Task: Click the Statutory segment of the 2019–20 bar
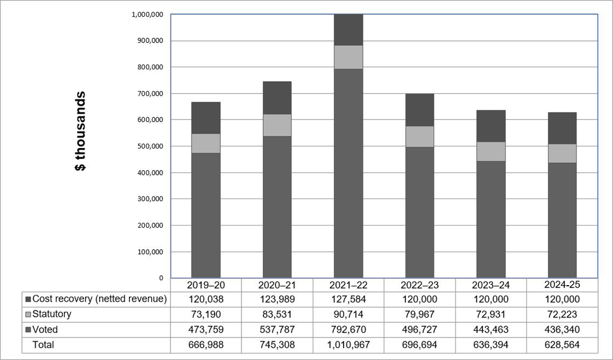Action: (206, 143)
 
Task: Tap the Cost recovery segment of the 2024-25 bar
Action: (562, 128)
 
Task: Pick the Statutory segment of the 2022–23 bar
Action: (419, 137)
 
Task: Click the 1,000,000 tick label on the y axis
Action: (147, 15)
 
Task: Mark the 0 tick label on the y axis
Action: (161, 278)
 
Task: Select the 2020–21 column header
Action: (277, 285)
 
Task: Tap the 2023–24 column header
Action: (491, 285)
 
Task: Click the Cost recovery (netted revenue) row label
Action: (99, 299)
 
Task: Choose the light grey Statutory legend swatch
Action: (27, 314)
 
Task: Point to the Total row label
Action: (43, 344)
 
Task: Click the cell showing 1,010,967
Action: (348, 344)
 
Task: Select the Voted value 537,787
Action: (277, 329)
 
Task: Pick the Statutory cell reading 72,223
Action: (562, 314)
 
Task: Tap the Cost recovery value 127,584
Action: (348, 299)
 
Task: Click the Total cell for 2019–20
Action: (206, 344)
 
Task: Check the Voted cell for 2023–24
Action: (491, 329)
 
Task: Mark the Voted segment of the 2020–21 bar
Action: (277, 207)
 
